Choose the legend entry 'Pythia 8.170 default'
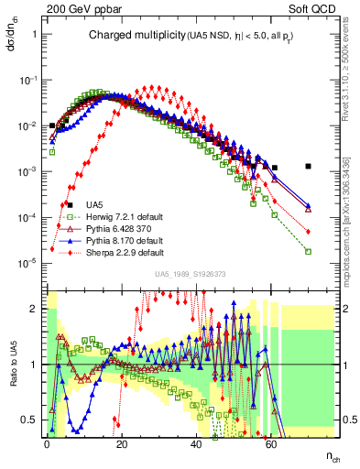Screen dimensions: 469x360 pos(115,240)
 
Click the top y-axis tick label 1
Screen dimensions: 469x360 pos(34,34)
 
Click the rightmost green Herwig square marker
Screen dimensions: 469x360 pos(309,251)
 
